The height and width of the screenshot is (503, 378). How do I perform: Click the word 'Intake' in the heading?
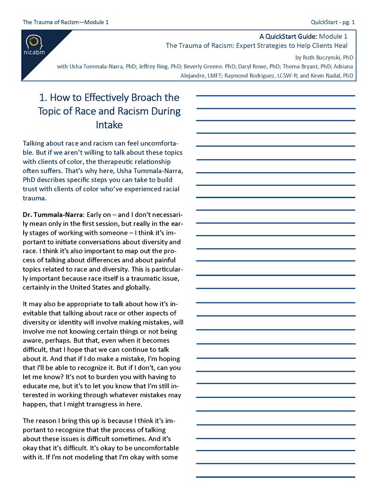pos(109,126)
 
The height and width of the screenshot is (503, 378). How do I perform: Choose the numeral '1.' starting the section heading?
pos(44,98)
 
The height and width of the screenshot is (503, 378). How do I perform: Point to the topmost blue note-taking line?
pos(275,96)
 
